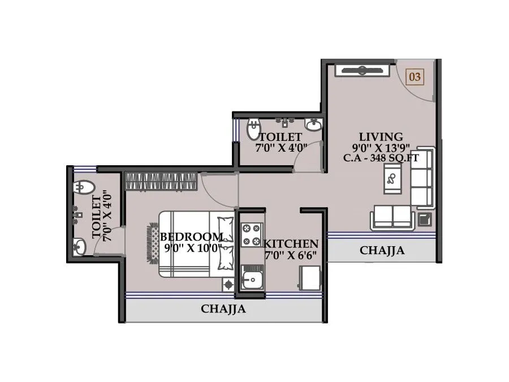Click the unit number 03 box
[415, 76]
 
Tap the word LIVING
[381, 137]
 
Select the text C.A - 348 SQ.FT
[381, 158]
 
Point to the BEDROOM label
[191, 237]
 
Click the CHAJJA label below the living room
[382, 250]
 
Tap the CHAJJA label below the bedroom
[223, 309]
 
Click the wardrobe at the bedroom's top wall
[161, 181]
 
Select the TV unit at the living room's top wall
[362, 71]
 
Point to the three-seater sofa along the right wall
[422, 178]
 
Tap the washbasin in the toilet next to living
[313, 124]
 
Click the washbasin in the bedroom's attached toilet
[79, 246]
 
